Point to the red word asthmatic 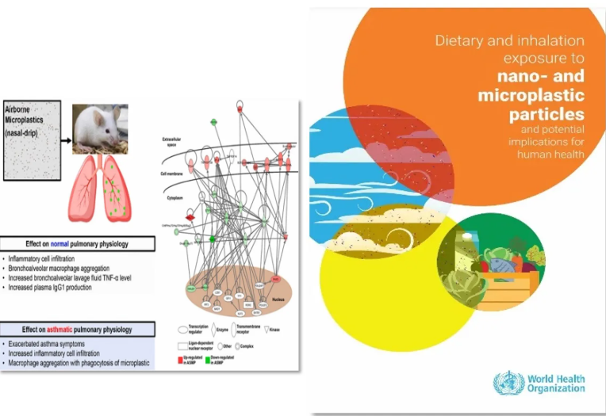(68, 329)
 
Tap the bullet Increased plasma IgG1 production (51, 287)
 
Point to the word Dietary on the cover (457, 41)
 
